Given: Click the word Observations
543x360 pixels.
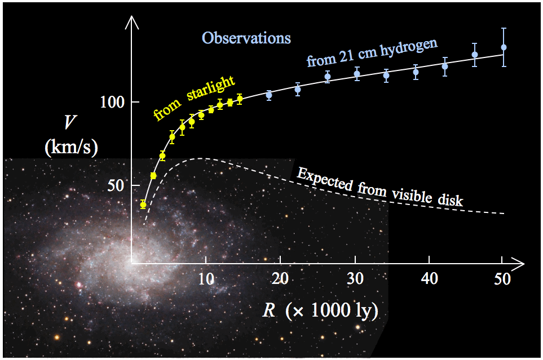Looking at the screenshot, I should [x=246, y=38].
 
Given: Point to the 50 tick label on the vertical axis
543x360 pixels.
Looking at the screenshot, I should [x=116, y=186].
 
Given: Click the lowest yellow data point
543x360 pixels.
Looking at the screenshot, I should [x=143, y=205].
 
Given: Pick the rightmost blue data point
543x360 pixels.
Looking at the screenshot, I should [x=504, y=47].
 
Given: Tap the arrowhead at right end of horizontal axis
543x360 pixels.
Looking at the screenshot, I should [x=520, y=263].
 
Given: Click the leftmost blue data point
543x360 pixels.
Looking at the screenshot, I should [x=269, y=95].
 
